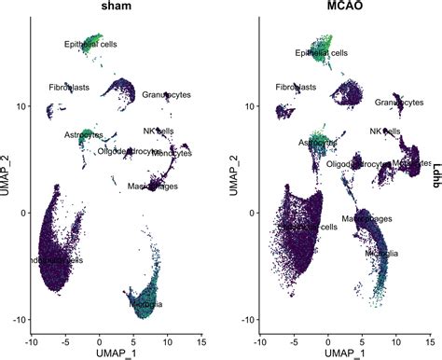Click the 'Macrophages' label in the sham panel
pos(154,187)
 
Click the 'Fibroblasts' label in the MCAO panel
pos(296,87)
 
